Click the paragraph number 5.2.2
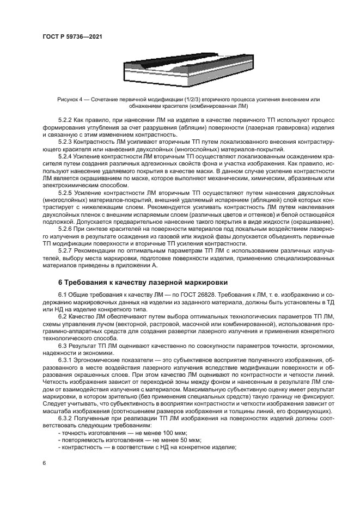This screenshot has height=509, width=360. click(x=66, y=118)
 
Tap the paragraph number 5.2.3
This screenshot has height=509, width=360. click(x=66, y=141)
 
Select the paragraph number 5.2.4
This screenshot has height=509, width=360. click(x=66, y=156)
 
